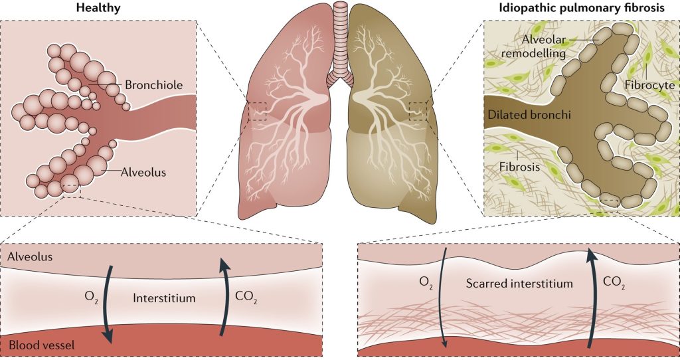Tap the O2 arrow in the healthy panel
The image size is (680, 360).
108,302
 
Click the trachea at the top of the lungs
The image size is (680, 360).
340,40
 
